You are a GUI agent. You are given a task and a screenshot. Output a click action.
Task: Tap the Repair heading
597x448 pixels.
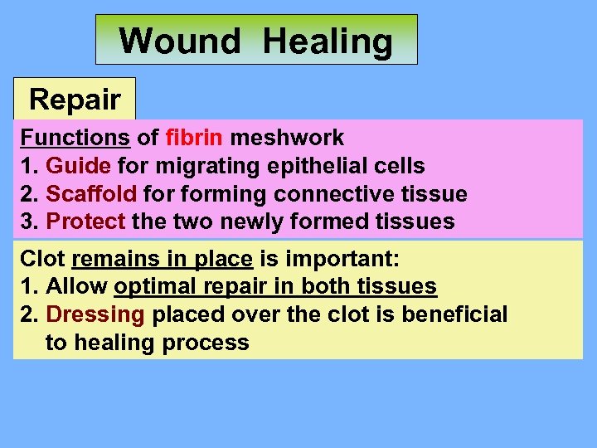(x=75, y=100)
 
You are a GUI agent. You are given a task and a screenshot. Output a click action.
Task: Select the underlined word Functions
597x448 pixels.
(x=75, y=137)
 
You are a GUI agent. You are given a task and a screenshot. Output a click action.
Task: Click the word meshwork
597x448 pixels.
(x=287, y=137)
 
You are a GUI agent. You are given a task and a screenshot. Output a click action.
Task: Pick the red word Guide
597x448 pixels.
(x=78, y=166)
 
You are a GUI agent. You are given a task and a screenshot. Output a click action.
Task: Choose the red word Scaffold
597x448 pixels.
(x=91, y=194)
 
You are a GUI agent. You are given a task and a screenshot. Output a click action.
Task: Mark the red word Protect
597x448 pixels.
(x=85, y=222)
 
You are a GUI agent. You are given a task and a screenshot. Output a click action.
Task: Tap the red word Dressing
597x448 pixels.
(x=95, y=314)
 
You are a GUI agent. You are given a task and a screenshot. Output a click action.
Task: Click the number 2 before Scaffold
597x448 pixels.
(x=28, y=194)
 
